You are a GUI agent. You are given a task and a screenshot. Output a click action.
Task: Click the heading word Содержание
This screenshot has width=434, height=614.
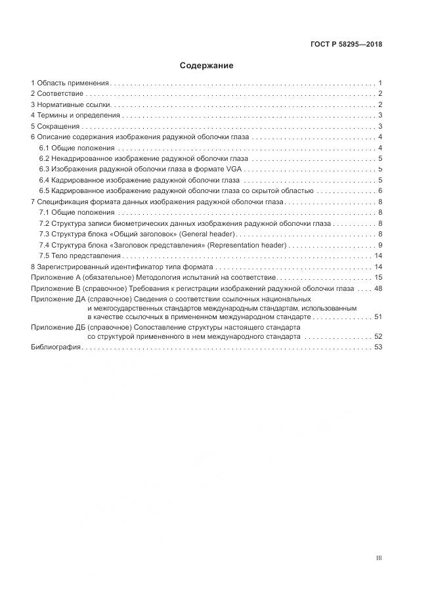coord(206,66)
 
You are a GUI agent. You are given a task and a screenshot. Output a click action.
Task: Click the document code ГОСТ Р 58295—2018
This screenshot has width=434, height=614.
coord(346,45)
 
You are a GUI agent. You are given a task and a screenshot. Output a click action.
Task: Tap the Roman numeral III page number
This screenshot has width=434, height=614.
coord(378,558)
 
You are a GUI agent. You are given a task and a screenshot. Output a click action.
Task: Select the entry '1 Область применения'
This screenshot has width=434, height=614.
coord(70,83)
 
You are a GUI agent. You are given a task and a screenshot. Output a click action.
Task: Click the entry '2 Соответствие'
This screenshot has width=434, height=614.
coord(57,94)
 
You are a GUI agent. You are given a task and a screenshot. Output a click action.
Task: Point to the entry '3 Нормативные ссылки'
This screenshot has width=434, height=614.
coord(72,104)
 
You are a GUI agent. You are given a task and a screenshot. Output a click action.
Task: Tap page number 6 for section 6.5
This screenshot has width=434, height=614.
coord(380,190)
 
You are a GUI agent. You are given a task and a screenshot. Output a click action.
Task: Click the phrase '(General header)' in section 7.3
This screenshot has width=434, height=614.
coord(209,234)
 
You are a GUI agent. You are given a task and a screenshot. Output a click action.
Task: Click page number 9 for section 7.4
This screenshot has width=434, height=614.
coord(380,245)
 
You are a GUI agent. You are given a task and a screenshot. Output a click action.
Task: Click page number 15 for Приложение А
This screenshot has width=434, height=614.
coord(378,278)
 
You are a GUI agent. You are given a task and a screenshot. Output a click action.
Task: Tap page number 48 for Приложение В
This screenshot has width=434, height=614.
coord(378,288)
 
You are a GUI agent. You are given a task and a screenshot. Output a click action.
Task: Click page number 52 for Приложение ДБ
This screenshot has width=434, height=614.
coord(378,337)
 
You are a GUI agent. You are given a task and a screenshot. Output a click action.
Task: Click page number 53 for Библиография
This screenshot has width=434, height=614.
coord(378,347)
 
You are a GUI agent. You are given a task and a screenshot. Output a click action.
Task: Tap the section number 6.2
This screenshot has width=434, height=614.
coord(45,159)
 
